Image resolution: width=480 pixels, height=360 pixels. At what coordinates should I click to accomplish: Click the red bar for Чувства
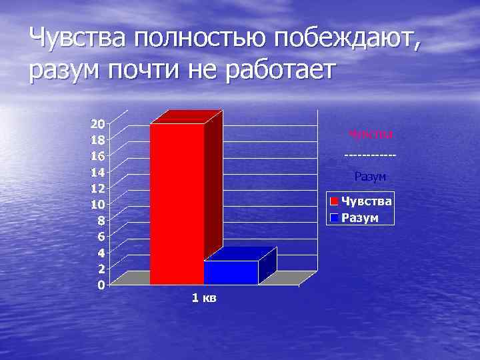pyautogui.click(x=177, y=203)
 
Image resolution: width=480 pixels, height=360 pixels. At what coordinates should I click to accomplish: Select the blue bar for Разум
pyautogui.click(x=231, y=273)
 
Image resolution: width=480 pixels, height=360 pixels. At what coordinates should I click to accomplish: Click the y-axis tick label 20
pyautogui.click(x=97, y=123)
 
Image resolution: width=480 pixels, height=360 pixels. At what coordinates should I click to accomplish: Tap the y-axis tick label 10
pyautogui.click(x=97, y=204)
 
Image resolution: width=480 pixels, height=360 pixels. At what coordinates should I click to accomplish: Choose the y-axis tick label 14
pyautogui.click(x=97, y=172)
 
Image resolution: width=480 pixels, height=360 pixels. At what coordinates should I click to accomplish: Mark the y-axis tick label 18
pyautogui.click(x=97, y=140)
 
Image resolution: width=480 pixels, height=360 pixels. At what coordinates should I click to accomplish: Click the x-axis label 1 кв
pyautogui.click(x=203, y=298)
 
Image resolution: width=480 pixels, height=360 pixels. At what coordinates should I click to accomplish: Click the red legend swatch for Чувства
pyautogui.click(x=335, y=201)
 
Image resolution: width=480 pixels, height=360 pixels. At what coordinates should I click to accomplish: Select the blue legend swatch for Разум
pyautogui.click(x=335, y=217)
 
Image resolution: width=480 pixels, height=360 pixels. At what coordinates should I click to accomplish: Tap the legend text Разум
pyautogui.click(x=361, y=217)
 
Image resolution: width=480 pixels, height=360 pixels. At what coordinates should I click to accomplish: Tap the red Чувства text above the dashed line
pyautogui.click(x=371, y=135)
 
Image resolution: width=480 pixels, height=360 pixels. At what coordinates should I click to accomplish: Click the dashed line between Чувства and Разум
pyautogui.click(x=371, y=156)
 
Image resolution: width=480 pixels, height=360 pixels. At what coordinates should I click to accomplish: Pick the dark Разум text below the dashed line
pyautogui.click(x=371, y=177)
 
